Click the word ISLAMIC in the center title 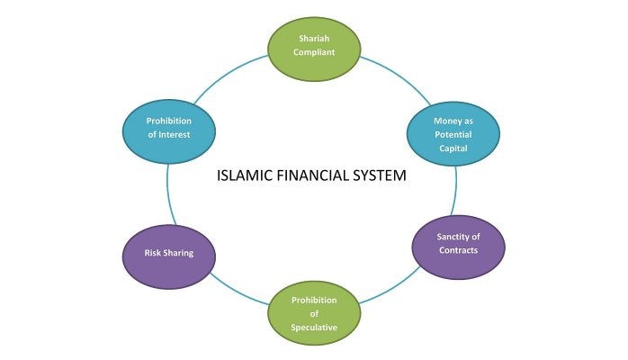[244, 175]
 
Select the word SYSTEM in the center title [381, 175]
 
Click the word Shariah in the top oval [315, 38]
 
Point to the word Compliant [315, 51]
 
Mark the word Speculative [314, 328]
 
